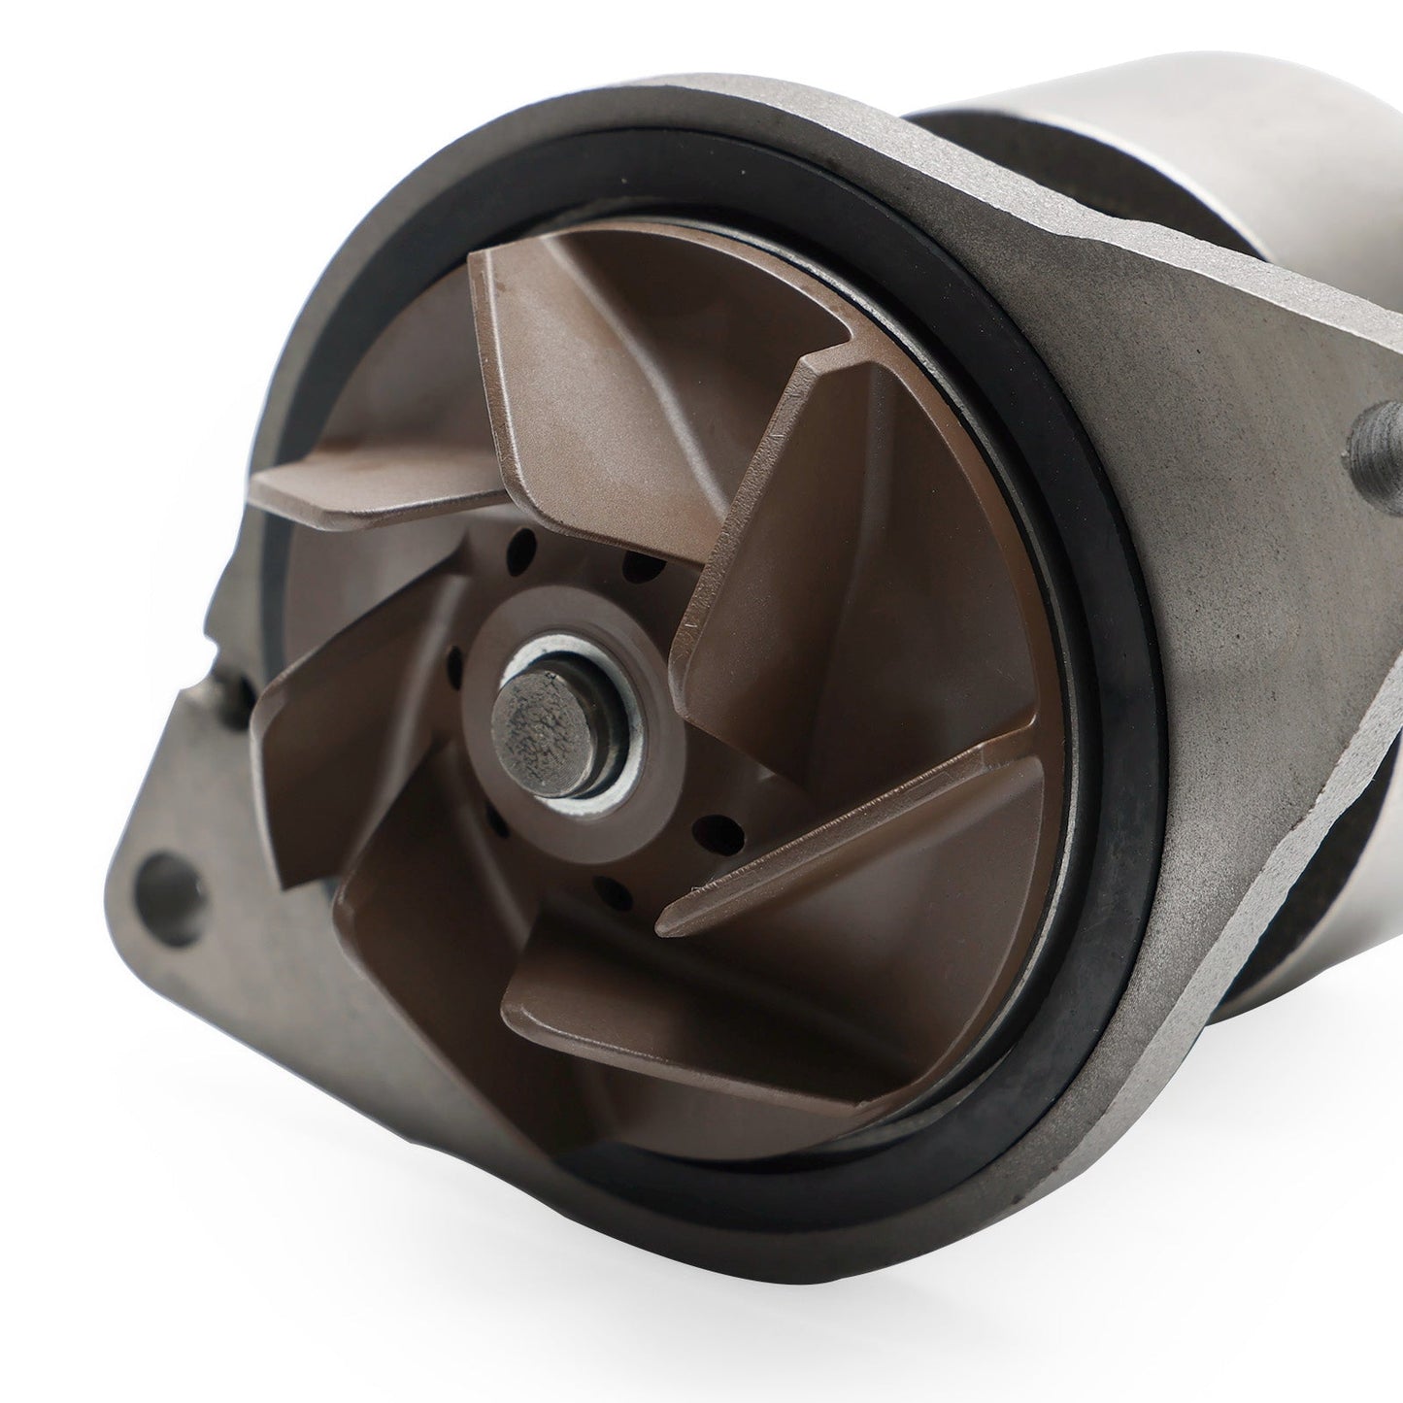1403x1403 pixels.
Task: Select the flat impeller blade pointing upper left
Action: pos(369,476)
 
